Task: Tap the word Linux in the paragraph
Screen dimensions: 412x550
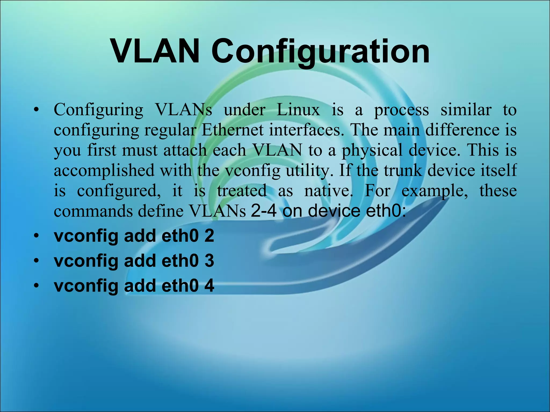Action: point(298,110)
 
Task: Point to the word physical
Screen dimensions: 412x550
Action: point(372,150)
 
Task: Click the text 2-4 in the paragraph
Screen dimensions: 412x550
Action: point(263,211)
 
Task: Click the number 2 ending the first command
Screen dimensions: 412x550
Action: point(209,236)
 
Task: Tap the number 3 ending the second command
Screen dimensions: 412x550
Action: point(209,260)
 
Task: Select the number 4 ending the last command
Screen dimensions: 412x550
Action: point(209,285)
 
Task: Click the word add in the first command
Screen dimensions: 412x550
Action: point(140,236)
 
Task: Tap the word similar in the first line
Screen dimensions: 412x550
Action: point(466,110)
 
